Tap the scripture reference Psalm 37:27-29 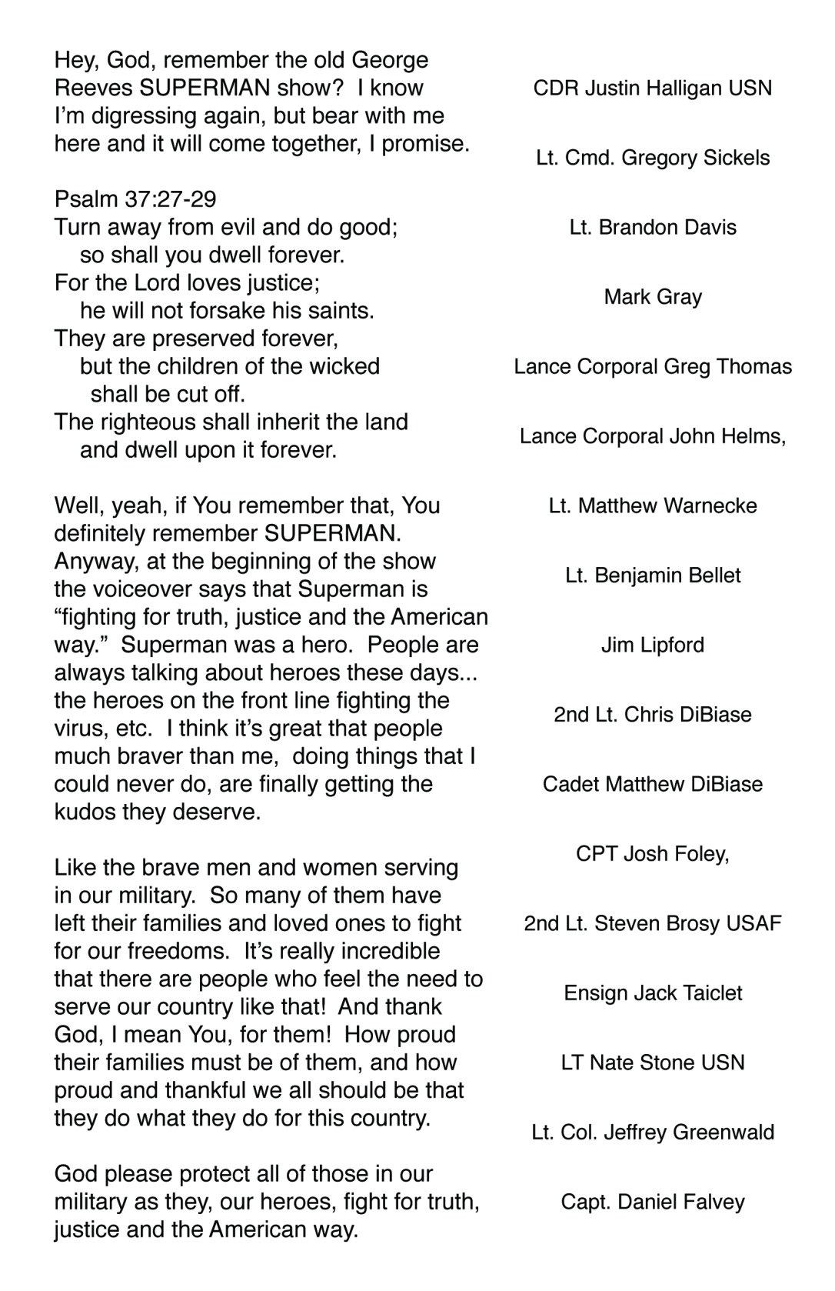pos(135,199)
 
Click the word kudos pos(85,812)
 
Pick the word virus pos(81,729)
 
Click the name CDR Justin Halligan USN pos(653,88)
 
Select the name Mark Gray pos(653,297)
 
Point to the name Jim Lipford pos(653,645)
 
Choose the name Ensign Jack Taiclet pos(653,993)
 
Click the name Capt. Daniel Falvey pos(653,1202)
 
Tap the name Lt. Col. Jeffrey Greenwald pos(653,1133)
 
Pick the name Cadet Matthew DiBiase pos(653,784)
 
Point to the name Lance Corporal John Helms pos(651,436)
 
